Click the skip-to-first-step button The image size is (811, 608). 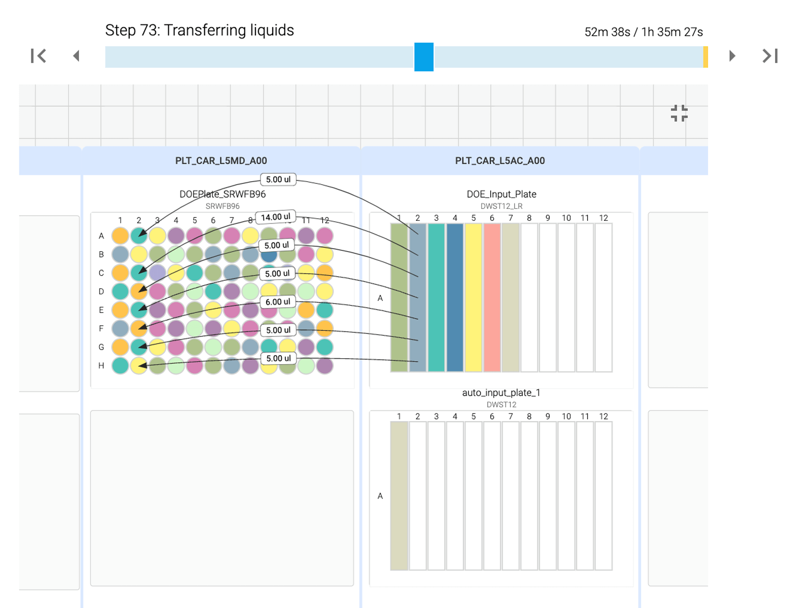tap(39, 56)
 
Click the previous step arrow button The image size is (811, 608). tap(77, 56)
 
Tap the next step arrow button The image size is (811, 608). tap(732, 56)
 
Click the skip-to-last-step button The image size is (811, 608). tap(770, 56)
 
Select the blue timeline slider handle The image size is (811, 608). tap(424, 57)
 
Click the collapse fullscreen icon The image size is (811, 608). tap(679, 113)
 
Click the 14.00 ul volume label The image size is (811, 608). tap(276, 217)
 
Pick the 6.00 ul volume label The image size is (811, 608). tap(278, 302)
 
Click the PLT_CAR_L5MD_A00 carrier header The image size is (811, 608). tap(221, 161)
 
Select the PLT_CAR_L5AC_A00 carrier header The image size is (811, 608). tap(500, 161)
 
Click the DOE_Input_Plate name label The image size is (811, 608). tap(501, 194)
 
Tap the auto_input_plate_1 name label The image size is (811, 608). tap(501, 393)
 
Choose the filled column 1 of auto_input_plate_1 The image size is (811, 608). tap(399, 496)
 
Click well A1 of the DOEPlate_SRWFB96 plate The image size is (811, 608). tap(120, 236)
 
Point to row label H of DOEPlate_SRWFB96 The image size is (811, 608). tap(101, 365)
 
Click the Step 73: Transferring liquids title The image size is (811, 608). tap(199, 30)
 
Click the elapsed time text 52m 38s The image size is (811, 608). tap(607, 32)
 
